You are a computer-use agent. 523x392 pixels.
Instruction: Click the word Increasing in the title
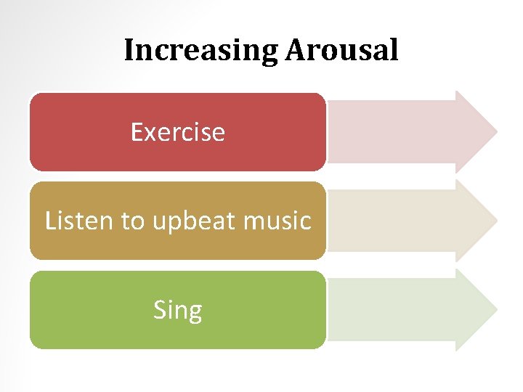pyautogui.click(x=200, y=51)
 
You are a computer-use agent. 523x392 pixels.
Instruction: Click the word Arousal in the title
pyautogui.click(x=341, y=51)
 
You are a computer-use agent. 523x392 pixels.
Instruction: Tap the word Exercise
pyautogui.click(x=177, y=132)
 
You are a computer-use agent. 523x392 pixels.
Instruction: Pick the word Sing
pyautogui.click(x=177, y=311)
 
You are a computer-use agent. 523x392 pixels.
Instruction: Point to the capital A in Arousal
pyautogui.click(x=295, y=51)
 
